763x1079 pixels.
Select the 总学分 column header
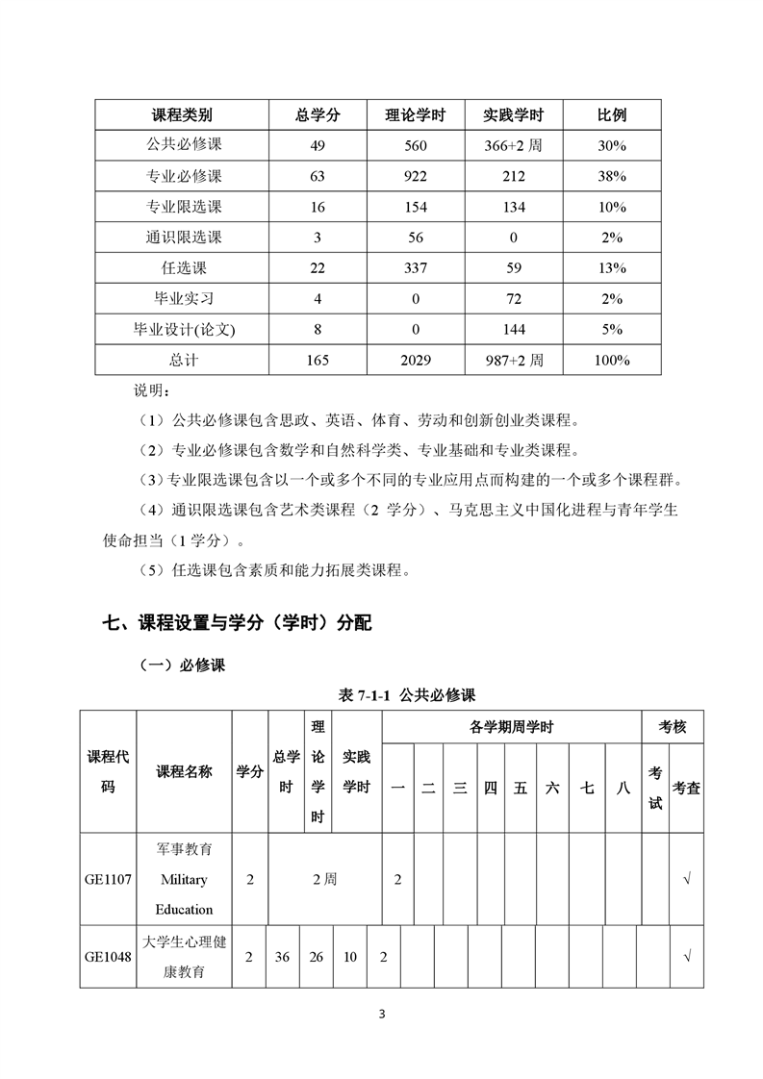(318, 115)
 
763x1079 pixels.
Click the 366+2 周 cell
(513, 146)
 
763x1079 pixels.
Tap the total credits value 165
(318, 361)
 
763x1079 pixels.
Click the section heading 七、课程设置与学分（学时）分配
(237, 623)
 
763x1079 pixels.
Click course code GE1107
(108, 879)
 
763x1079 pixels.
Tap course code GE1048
(108, 957)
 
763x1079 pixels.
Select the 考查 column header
(686, 788)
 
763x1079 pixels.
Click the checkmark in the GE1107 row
(686, 879)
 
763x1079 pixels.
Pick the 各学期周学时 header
(512, 727)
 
